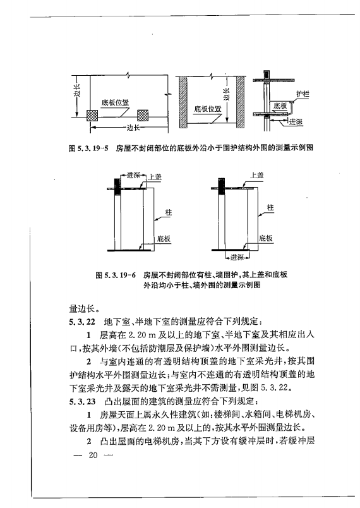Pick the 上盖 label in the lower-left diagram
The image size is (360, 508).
pos(155,178)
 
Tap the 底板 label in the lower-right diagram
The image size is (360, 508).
pos(266,239)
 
